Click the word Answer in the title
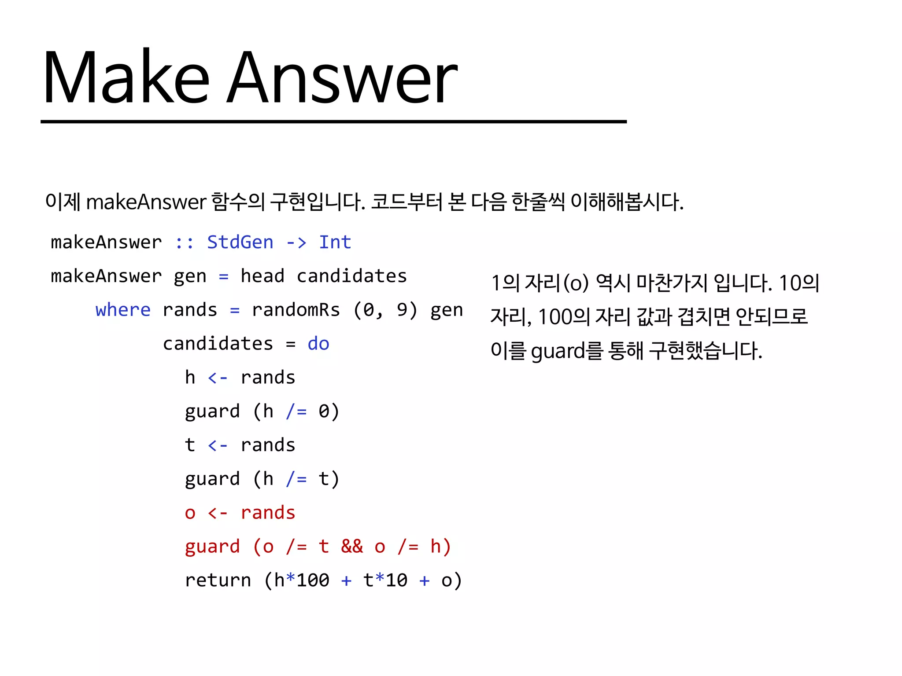[x=343, y=78]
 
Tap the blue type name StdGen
[x=240, y=242]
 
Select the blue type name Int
[x=335, y=242]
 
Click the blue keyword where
[x=123, y=310]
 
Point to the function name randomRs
[x=296, y=310]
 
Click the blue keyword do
[x=318, y=344]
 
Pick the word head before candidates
[x=262, y=276]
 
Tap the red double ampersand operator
[x=352, y=547]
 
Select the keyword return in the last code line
[x=218, y=580]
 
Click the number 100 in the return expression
[x=313, y=580]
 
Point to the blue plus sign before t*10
[x=346, y=580]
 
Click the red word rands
[x=268, y=513]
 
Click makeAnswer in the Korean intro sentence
[x=146, y=202]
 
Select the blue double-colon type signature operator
[x=184, y=242]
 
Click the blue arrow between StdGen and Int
[x=296, y=242]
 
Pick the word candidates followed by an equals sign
[x=218, y=344]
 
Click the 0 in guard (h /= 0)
[x=324, y=411]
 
